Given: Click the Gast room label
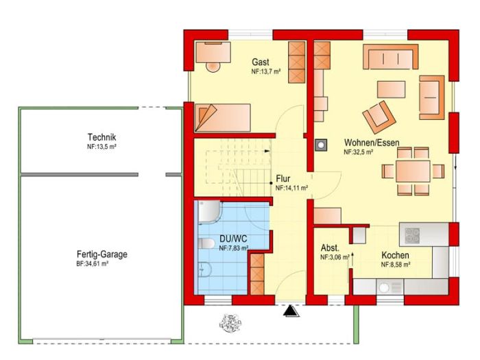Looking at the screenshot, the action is coord(260,62).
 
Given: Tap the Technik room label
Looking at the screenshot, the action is coord(101,137).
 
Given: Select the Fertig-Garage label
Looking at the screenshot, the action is coord(102,254).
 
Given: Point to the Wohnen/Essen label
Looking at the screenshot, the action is coord(372,143).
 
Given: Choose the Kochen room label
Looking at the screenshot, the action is coord(395,255).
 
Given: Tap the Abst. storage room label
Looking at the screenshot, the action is coord(330,248).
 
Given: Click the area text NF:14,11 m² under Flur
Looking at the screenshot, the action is coord(291,189).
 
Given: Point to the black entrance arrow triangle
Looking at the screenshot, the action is coord(291,311).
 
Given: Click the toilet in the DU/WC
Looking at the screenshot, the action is coord(206,243).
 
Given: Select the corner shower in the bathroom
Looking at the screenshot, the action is coord(209,211).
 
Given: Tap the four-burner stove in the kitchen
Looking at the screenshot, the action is coord(412,235).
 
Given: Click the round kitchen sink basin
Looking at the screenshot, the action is coord(384,287).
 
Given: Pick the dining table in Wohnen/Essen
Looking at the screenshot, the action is coord(413,171).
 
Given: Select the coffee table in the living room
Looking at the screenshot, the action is coord(392,89).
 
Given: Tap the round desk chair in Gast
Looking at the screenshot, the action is coord(213,67).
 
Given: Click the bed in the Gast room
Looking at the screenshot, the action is coord(223,118).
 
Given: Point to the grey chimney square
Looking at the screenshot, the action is coord(320,145).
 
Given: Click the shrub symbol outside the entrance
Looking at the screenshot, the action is coord(230,323).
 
